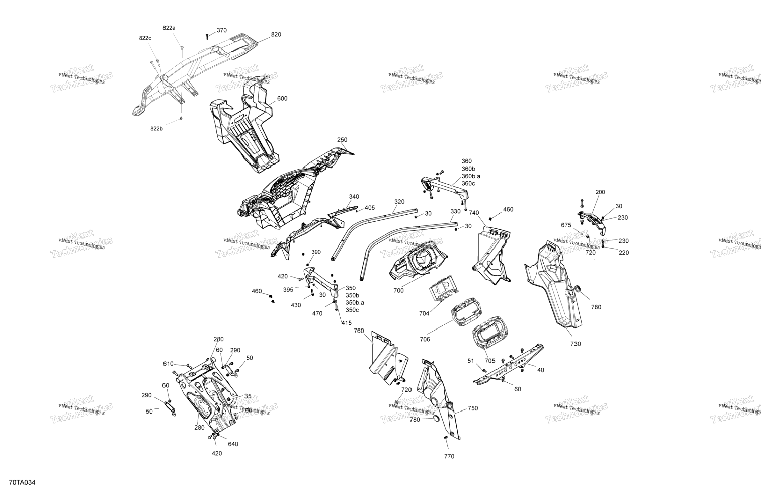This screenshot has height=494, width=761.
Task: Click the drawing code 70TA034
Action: pyautogui.click(x=22, y=483)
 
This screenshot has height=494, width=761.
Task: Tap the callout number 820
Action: pyautogui.click(x=276, y=34)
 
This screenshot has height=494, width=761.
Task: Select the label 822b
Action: pyautogui.click(x=156, y=129)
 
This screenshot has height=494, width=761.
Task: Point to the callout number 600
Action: pyautogui.click(x=282, y=99)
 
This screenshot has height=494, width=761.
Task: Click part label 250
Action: pyautogui.click(x=342, y=140)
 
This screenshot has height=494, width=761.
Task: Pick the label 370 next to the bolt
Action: pyautogui.click(x=221, y=30)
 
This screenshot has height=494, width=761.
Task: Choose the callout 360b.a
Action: pyautogui.click(x=471, y=176)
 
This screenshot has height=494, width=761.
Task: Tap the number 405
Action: pyautogui.click(x=370, y=208)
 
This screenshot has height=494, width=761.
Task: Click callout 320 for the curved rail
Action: pyautogui.click(x=399, y=202)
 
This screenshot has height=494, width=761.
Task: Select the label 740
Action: pyautogui.click(x=474, y=213)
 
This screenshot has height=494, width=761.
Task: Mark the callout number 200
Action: pyautogui.click(x=600, y=192)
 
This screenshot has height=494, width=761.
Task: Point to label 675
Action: pyautogui.click(x=566, y=225)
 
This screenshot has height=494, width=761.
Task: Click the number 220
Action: pyautogui.click(x=624, y=253)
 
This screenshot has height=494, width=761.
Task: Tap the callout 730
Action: pyautogui.click(x=576, y=344)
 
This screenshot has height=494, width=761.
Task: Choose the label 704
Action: pyautogui.click(x=424, y=313)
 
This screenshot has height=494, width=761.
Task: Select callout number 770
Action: pyautogui.click(x=449, y=457)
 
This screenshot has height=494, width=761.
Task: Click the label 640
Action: pyautogui.click(x=233, y=444)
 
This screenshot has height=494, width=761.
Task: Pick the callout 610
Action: pyautogui.click(x=168, y=364)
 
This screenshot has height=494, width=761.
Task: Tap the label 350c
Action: pyautogui.click(x=352, y=310)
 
